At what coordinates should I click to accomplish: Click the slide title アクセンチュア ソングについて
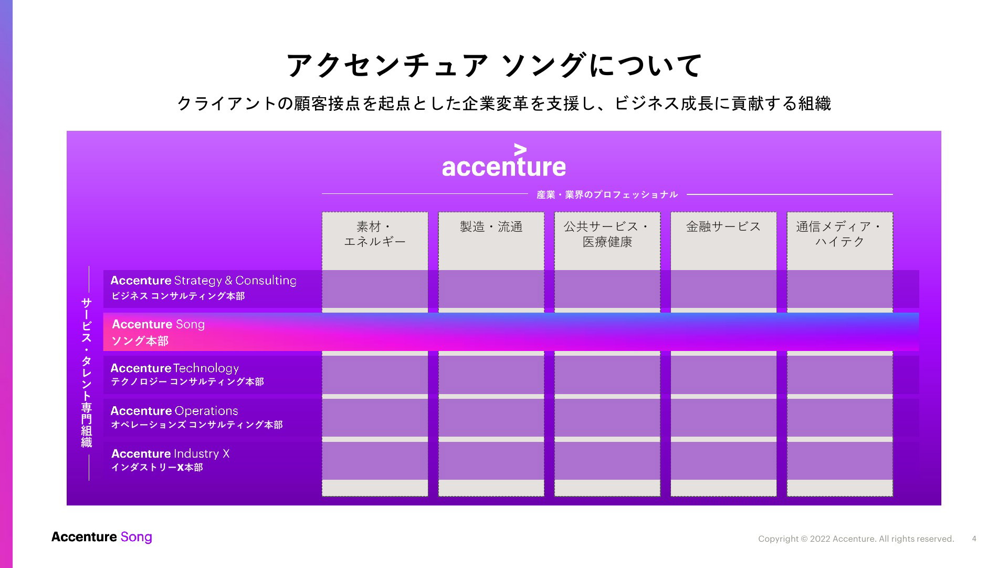point(494,66)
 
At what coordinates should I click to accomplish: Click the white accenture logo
point(504,160)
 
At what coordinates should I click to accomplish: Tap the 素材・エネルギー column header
point(375,234)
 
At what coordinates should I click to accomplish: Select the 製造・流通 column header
point(491,226)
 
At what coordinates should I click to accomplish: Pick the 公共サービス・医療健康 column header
point(607,234)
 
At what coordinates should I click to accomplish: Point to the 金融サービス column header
point(723,226)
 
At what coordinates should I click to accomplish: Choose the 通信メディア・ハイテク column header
point(840,234)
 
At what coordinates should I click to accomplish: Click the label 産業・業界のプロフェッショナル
point(607,194)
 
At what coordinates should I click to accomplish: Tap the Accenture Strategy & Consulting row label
point(204,281)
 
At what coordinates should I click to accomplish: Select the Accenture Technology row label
point(175,368)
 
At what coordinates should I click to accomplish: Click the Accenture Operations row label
point(174,411)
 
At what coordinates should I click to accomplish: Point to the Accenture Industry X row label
point(170,453)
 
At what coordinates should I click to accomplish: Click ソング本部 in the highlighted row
point(140,341)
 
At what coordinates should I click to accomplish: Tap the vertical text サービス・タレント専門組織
point(87,373)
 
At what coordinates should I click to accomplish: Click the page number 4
point(974,539)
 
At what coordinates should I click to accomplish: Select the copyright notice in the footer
point(856,539)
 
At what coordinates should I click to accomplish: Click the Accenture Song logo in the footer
point(102,537)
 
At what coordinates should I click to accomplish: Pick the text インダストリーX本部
point(157,467)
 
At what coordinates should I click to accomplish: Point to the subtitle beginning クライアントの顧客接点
point(504,104)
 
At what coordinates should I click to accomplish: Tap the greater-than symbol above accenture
point(520,149)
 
